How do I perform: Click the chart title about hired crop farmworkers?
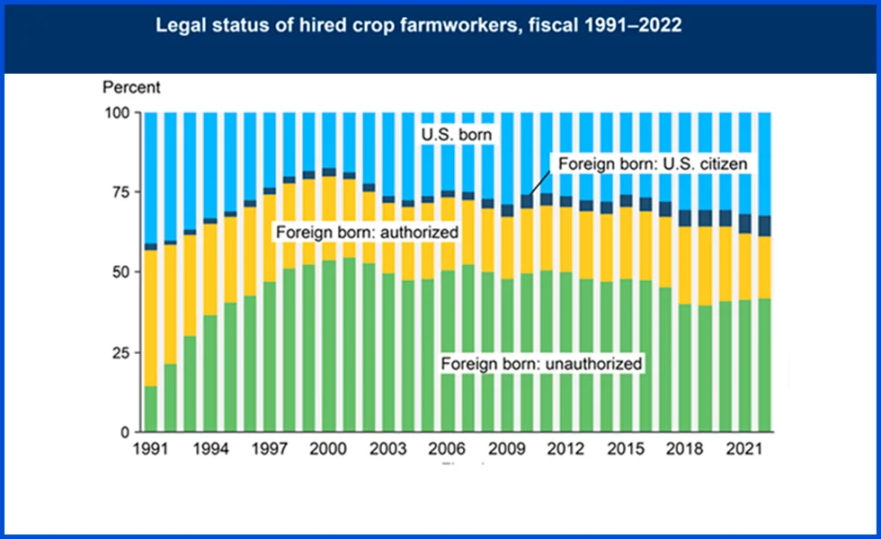click(x=419, y=26)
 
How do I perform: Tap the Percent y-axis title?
click(x=131, y=88)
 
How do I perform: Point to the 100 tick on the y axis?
click(x=118, y=112)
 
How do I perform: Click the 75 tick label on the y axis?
click(x=121, y=192)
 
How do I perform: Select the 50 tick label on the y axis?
click(x=121, y=272)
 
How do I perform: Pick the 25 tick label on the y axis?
click(x=121, y=352)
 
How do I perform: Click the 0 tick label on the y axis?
click(x=125, y=432)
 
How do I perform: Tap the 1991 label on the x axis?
click(x=150, y=448)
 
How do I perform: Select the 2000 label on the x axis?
click(x=328, y=448)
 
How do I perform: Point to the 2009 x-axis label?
click(x=506, y=448)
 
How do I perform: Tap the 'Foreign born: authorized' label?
click(x=367, y=232)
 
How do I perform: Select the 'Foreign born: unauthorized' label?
click(x=542, y=364)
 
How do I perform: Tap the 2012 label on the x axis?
click(x=565, y=448)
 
